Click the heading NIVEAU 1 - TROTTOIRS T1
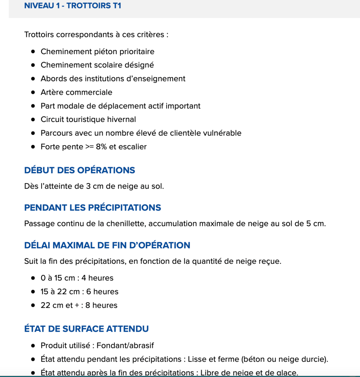(73, 6)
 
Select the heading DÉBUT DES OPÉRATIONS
(80, 170)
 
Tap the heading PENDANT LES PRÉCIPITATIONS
(92, 207)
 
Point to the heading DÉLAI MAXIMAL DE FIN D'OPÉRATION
(107, 245)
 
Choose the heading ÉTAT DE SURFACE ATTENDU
(87, 329)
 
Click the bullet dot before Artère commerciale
(33, 92)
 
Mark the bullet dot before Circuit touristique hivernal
(33, 120)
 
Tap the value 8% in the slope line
(102, 147)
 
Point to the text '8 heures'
(101, 306)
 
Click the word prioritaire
(136, 52)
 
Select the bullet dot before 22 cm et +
(33, 306)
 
